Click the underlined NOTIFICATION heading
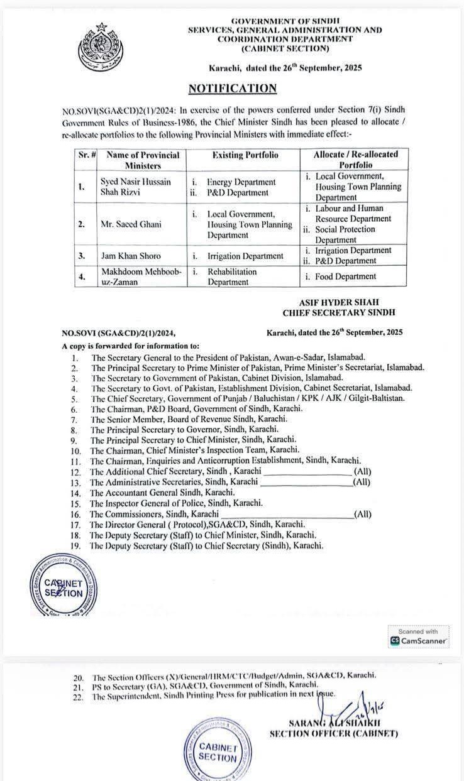233,89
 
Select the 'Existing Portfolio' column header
245,155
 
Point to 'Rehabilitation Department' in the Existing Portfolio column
232,277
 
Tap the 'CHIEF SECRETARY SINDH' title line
338,312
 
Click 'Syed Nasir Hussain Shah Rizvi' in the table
135,187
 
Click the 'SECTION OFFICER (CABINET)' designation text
333,733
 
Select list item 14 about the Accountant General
163,493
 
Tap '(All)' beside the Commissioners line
363,514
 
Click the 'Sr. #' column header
85,155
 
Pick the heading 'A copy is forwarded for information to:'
131,346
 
